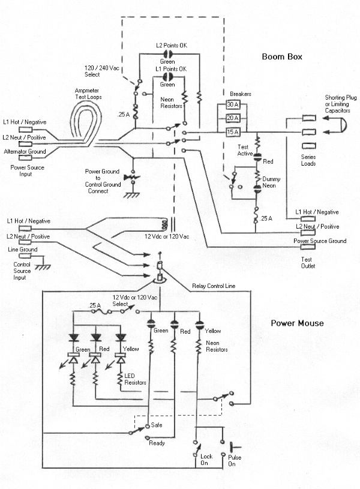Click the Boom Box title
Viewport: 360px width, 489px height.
coord(281,57)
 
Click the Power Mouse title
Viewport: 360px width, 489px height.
coord(297,323)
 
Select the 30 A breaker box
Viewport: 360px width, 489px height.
coord(232,104)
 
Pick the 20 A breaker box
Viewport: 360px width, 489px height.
coord(232,118)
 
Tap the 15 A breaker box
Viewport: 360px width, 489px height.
coord(232,131)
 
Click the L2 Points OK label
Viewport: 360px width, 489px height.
coord(172,46)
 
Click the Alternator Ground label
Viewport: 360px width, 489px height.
coord(23,152)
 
